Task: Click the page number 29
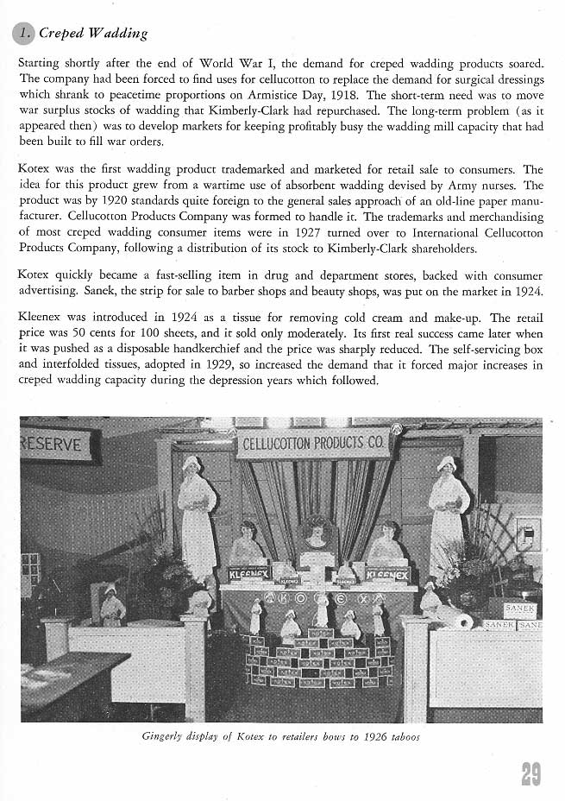point(530,773)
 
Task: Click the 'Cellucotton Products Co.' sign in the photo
point(313,445)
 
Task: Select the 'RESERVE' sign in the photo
point(54,445)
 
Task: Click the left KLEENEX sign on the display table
point(248,573)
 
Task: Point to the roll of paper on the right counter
point(463,621)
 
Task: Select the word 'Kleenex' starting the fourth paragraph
point(41,318)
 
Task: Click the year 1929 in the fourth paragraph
point(214,365)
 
